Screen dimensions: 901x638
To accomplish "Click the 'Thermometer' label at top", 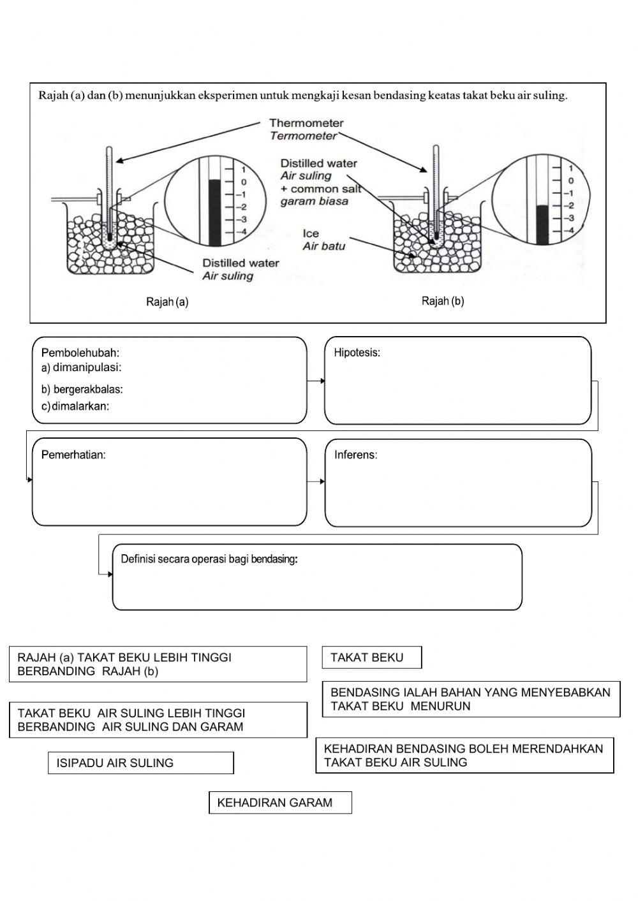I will tap(306, 123).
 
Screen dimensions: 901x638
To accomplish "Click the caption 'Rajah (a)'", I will tap(167, 302).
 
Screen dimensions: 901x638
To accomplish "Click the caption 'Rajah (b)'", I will tap(443, 301).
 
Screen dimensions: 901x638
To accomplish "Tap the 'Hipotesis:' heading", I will tap(357, 353).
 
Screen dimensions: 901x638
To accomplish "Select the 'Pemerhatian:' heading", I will tap(73, 455).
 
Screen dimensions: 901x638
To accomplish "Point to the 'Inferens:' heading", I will tap(355, 455).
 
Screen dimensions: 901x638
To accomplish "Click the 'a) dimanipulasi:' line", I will tap(81, 368).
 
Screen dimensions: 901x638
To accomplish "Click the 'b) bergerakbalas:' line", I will tap(82, 389).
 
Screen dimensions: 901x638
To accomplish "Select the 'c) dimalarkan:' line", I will tap(75, 407).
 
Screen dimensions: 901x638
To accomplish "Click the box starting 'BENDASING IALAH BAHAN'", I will tap(470, 699).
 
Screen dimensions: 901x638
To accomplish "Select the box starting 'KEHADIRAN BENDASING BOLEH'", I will tap(464, 756).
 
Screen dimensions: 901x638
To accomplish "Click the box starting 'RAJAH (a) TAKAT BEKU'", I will tap(157, 664).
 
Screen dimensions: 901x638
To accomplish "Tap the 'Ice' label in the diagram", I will tap(311, 233).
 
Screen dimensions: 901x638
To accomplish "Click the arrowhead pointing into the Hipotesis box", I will tap(322, 381).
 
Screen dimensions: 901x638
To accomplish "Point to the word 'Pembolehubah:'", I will tap(80, 353).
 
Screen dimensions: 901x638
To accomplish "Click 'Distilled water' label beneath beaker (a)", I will tap(241, 263).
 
